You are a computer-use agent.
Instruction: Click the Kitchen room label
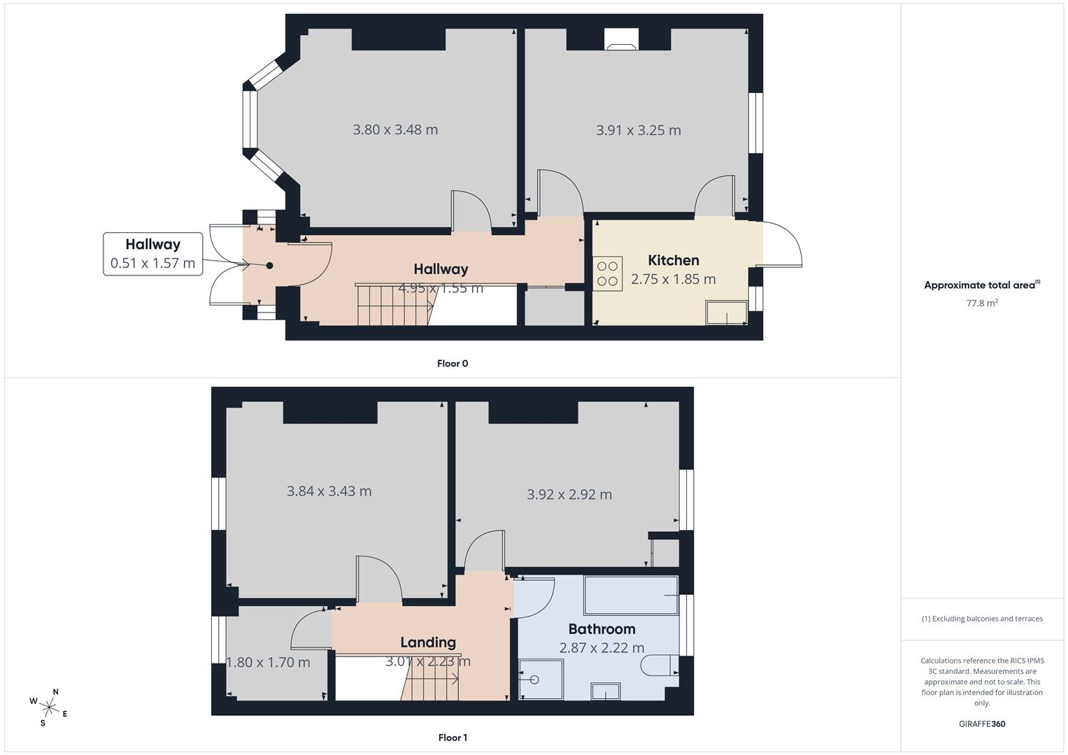click(x=674, y=260)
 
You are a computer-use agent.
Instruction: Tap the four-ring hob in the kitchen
click(x=607, y=274)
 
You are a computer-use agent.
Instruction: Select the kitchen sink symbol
click(x=727, y=312)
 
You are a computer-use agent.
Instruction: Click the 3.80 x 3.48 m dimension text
click(x=395, y=129)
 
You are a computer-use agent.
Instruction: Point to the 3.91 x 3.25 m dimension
click(x=639, y=130)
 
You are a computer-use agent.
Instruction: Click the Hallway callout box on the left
click(x=153, y=254)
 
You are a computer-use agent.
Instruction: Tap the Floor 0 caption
click(x=453, y=364)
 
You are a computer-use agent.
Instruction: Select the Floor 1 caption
click(x=453, y=738)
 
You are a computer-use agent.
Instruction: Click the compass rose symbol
click(x=49, y=707)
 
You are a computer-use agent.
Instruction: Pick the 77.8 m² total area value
click(x=982, y=303)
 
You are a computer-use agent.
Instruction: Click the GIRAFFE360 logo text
click(x=982, y=724)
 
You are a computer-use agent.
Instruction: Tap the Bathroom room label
click(x=601, y=629)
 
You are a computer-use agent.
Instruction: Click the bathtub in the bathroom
click(x=631, y=596)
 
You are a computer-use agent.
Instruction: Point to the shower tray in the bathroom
click(x=541, y=679)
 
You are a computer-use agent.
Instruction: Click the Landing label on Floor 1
click(x=427, y=642)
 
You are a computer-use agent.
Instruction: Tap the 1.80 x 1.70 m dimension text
click(x=268, y=662)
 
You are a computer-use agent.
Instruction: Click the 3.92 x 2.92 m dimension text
click(x=569, y=494)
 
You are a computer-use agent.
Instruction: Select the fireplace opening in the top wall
click(x=621, y=39)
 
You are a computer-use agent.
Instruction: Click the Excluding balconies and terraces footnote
click(x=982, y=619)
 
